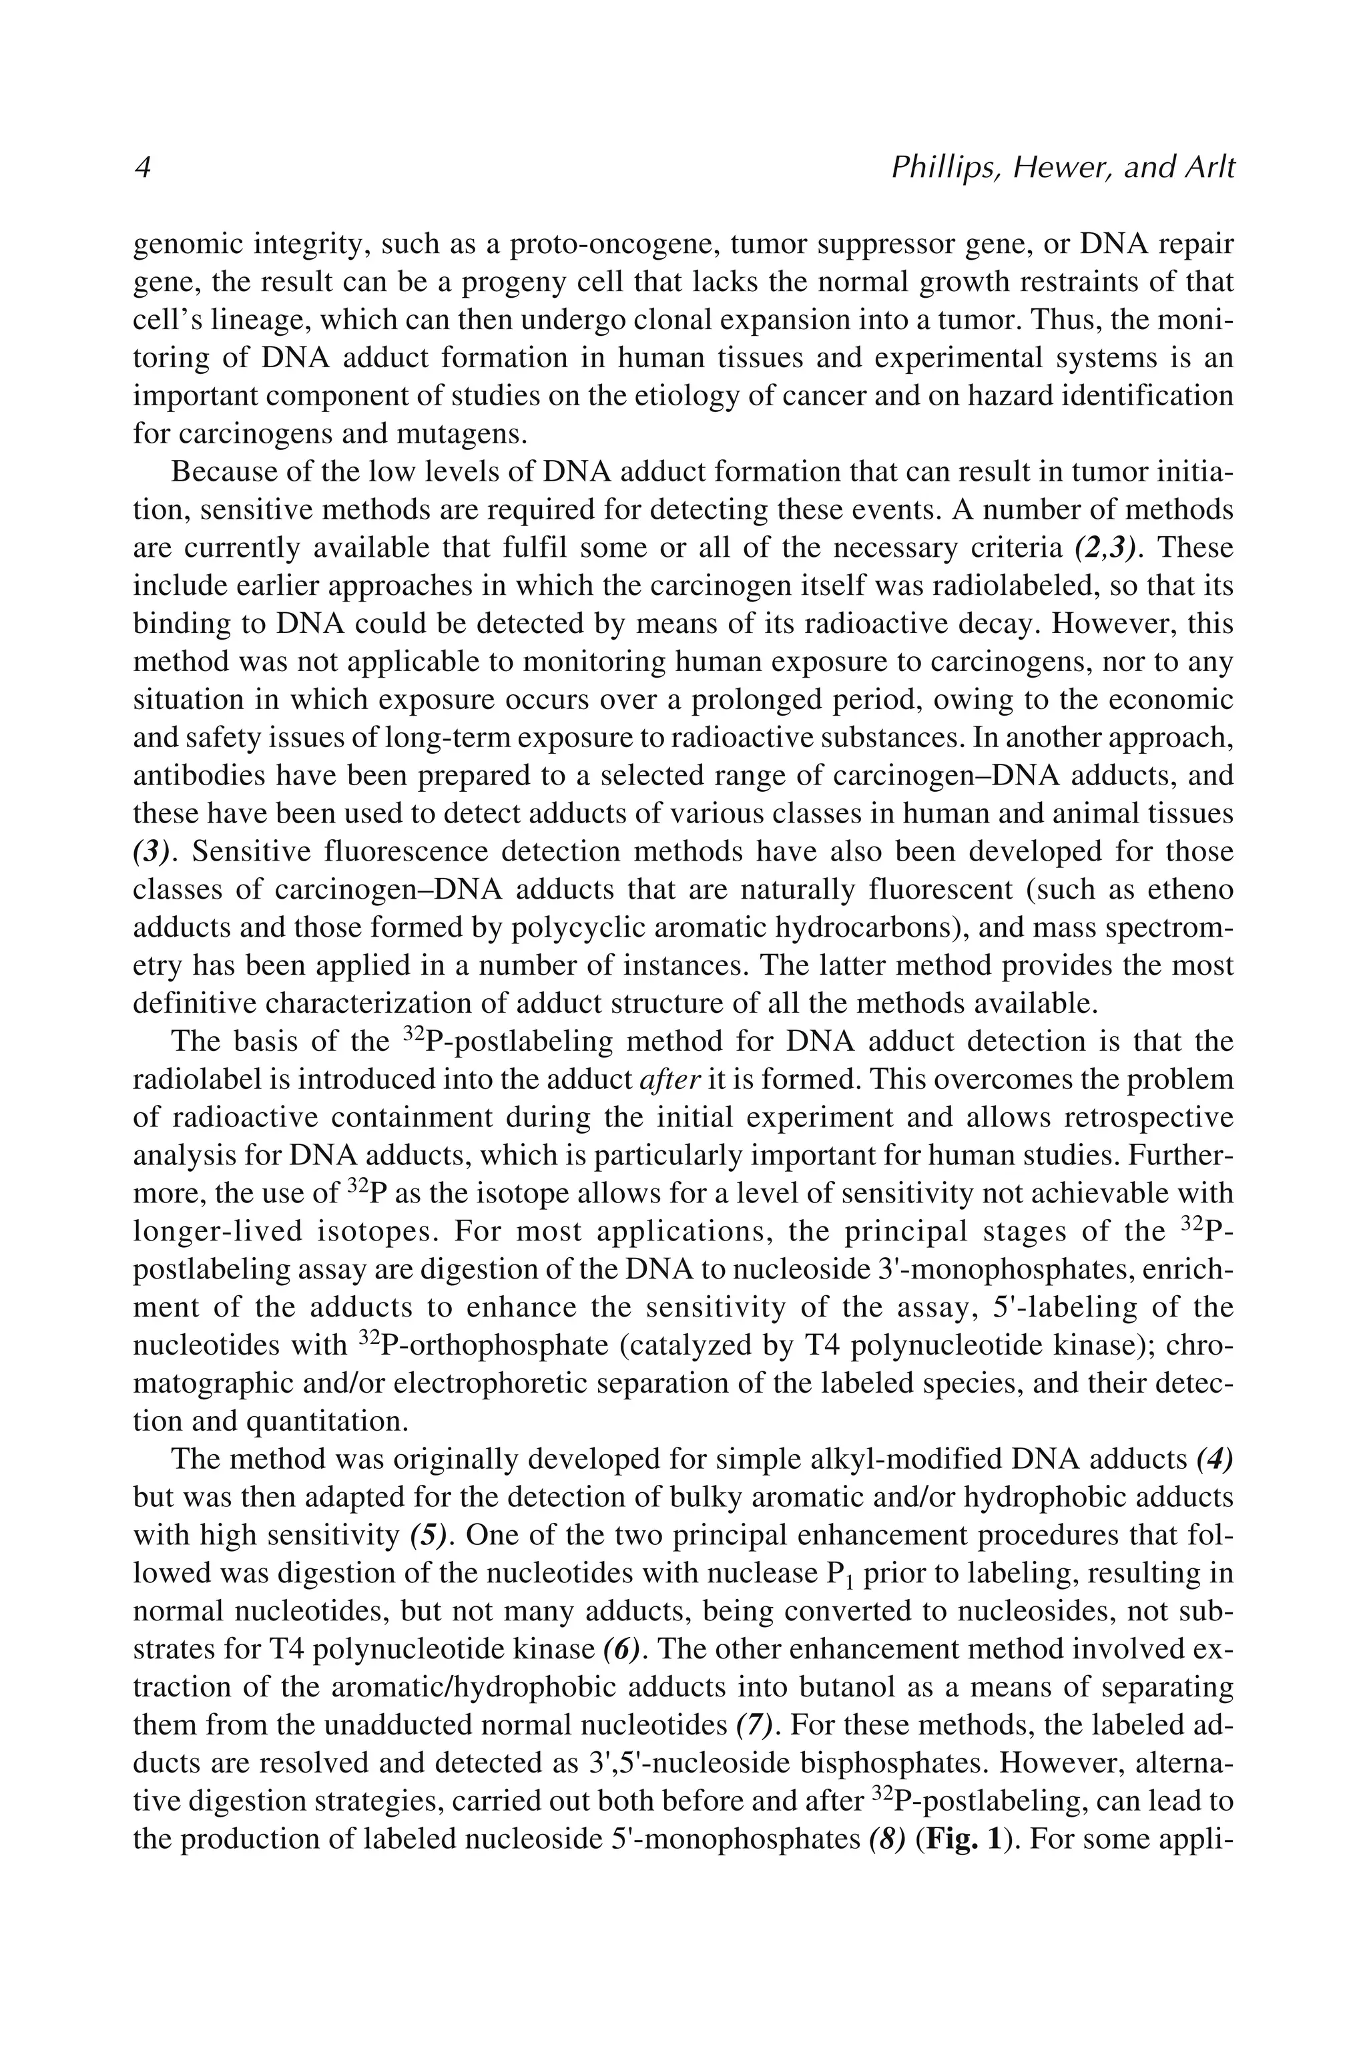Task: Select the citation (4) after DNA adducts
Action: tap(1214, 1459)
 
